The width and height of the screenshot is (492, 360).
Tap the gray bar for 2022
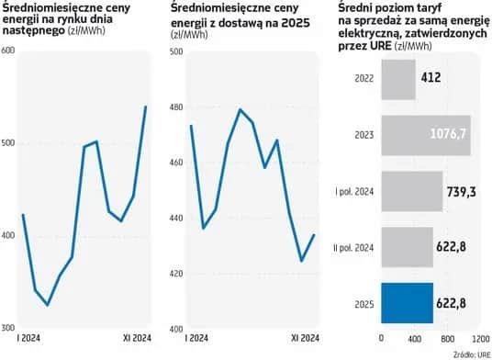click(397, 80)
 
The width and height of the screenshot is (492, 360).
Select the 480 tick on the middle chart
click(177, 107)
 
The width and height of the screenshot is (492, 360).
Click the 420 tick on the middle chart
click(177, 274)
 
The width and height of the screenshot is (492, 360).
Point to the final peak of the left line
click(146, 107)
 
